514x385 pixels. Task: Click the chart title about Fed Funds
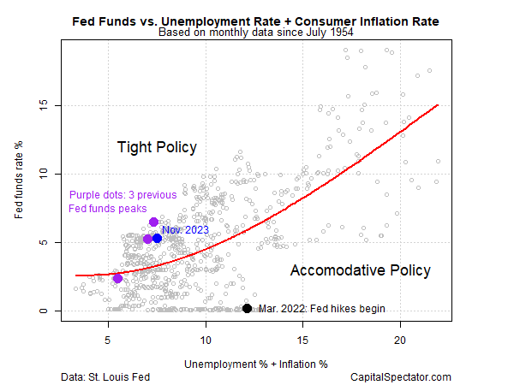[x=256, y=20]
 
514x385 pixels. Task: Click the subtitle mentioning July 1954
[x=256, y=33]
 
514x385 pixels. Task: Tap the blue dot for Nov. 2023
[x=157, y=238]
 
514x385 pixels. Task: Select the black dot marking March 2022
[x=247, y=309]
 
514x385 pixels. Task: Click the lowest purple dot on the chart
[x=117, y=278]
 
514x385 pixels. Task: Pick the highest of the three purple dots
[x=153, y=222]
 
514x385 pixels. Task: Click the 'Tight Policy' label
[x=157, y=147]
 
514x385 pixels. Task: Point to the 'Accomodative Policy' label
[x=360, y=270]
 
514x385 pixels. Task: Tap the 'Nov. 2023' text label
[x=186, y=229]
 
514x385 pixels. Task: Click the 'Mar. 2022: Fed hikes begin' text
[x=322, y=309]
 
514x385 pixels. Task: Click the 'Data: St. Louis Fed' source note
[x=110, y=376]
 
